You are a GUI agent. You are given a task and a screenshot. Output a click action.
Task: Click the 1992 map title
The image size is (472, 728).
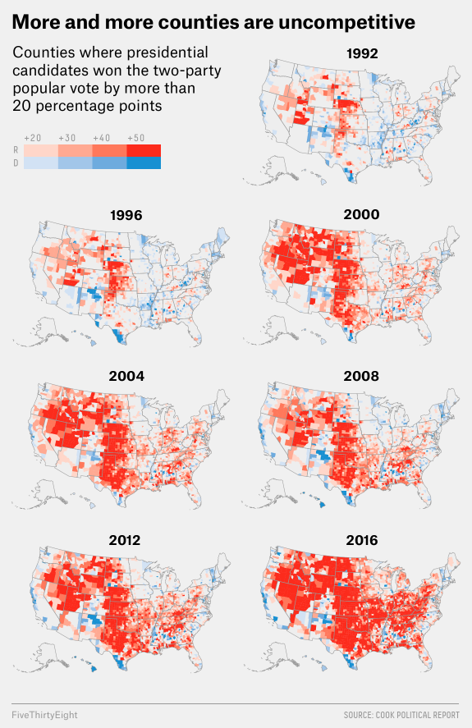362,54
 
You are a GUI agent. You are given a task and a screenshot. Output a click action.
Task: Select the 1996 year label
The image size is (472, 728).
126,216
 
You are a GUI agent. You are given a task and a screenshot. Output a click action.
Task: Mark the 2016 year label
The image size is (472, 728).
362,540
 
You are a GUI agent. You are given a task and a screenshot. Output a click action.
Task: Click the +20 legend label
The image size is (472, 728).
34,137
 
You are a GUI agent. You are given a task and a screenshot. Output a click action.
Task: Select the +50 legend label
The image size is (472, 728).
136,137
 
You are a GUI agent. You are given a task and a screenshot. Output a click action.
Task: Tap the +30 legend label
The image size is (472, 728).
68,137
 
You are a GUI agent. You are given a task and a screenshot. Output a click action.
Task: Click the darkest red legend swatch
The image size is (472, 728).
144,151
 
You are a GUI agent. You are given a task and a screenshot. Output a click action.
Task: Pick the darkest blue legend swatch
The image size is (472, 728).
144,163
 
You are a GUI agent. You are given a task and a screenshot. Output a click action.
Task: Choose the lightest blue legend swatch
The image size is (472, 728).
41,163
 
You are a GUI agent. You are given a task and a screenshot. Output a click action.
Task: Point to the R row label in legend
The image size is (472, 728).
16,151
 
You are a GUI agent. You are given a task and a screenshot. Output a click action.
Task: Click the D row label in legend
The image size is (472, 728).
16,163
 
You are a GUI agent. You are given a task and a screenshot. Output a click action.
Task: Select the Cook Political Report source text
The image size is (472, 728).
401,715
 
